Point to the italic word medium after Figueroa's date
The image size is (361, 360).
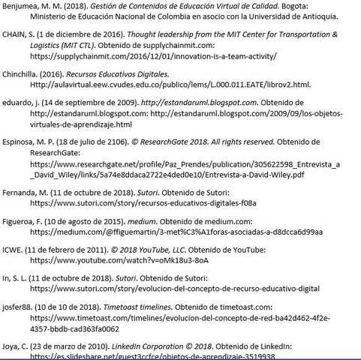pos(153,222)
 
